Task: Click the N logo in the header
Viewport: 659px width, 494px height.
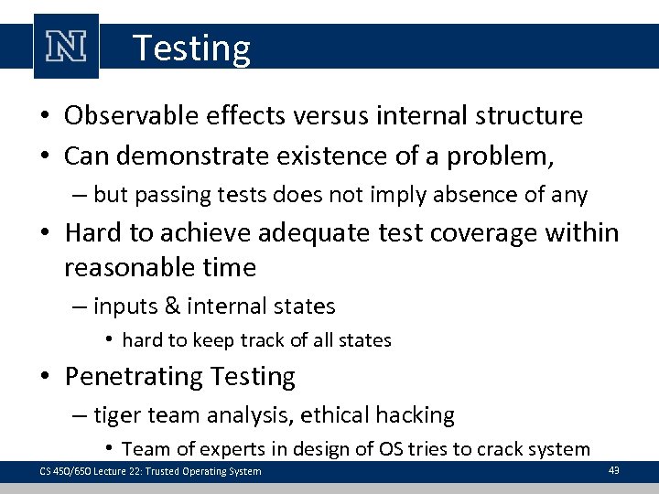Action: point(66,46)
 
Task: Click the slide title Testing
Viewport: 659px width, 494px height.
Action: point(191,48)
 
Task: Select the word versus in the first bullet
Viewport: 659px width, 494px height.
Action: point(324,116)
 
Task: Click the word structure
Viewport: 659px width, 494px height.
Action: point(531,116)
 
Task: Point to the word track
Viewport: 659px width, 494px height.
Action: point(265,340)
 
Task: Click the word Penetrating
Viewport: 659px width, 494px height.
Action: point(135,376)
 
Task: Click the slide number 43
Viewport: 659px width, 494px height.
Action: point(614,469)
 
